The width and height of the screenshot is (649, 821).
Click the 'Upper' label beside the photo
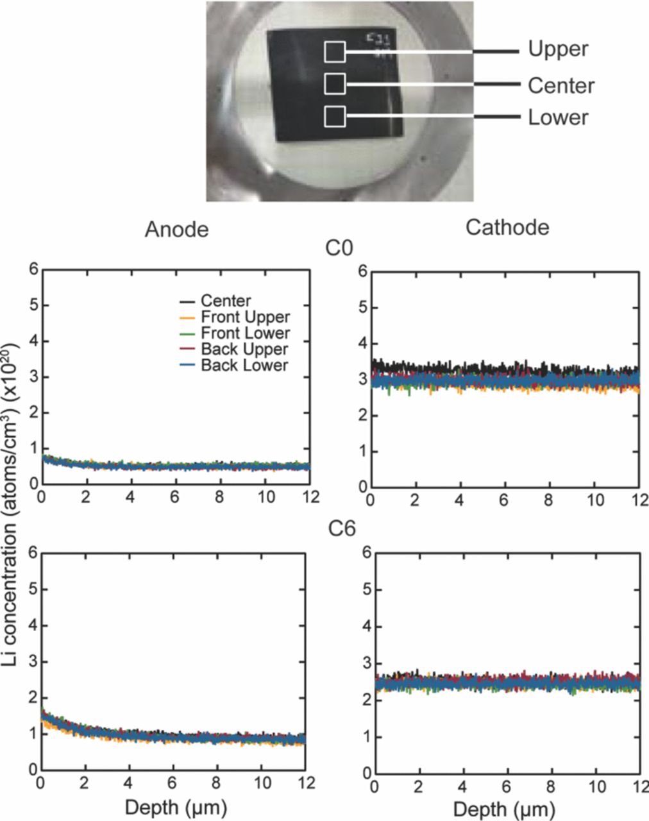(x=557, y=49)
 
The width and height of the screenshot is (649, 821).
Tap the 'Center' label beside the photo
(x=560, y=85)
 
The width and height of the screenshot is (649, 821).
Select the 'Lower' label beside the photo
(x=558, y=117)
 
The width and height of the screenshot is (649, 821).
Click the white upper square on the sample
(x=335, y=52)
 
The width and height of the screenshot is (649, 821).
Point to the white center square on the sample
(x=335, y=83)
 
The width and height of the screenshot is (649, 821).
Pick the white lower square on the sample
(x=335, y=117)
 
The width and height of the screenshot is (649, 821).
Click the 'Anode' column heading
(x=177, y=229)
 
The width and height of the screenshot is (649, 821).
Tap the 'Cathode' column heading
(x=507, y=227)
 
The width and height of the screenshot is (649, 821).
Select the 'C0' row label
(x=341, y=248)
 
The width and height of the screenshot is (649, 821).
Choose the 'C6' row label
(x=341, y=529)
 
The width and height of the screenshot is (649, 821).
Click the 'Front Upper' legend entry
(x=244, y=317)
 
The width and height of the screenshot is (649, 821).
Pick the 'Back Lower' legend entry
(x=244, y=365)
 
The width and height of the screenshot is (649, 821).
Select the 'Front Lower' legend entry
(x=244, y=333)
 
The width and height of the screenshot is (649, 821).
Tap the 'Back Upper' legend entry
(x=244, y=349)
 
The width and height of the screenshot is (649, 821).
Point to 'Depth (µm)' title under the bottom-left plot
(x=176, y=807)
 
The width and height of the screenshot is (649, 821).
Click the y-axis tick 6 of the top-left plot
(x=31, y=269)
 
